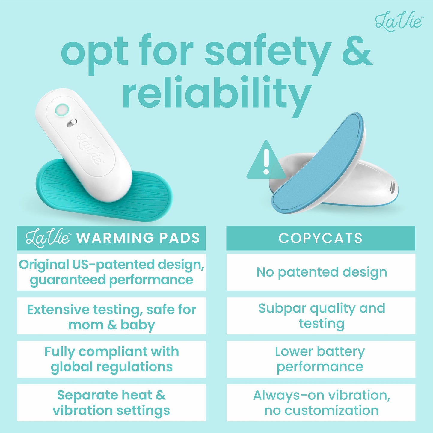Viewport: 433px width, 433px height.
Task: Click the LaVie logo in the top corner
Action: point(399,22)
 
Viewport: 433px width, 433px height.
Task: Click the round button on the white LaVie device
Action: point(62,110)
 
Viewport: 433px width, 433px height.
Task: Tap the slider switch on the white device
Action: point(72,123)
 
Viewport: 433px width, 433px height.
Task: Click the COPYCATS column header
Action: point(321,238)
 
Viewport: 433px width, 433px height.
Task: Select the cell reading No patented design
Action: point(321,272)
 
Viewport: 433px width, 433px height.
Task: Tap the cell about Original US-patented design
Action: point(111,272)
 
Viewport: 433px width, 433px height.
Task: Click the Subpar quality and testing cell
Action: point(321,316)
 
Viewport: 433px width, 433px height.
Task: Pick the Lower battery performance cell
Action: point(321,359)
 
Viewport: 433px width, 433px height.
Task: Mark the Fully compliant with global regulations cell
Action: point(111,359)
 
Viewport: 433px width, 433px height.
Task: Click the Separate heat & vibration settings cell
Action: point(111,403)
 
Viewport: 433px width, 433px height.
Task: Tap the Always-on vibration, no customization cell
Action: point(321,403)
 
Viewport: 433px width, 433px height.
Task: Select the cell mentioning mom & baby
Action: point(111,316)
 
